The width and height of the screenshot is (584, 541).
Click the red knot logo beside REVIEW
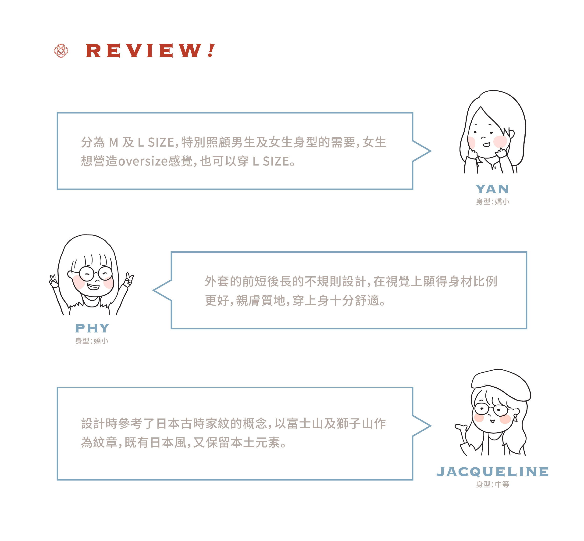(x=61, y=51)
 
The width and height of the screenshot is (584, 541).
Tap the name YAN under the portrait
(x=492, y=189)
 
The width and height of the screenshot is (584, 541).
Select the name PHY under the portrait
(x=92, y=328)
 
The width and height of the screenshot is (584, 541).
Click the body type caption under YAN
(x=492, y=202)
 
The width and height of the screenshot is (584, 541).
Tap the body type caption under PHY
(x=92, y=341)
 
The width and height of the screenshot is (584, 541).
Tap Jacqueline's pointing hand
(x=461, y=427)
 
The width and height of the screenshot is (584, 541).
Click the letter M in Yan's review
(x=114, y=143)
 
